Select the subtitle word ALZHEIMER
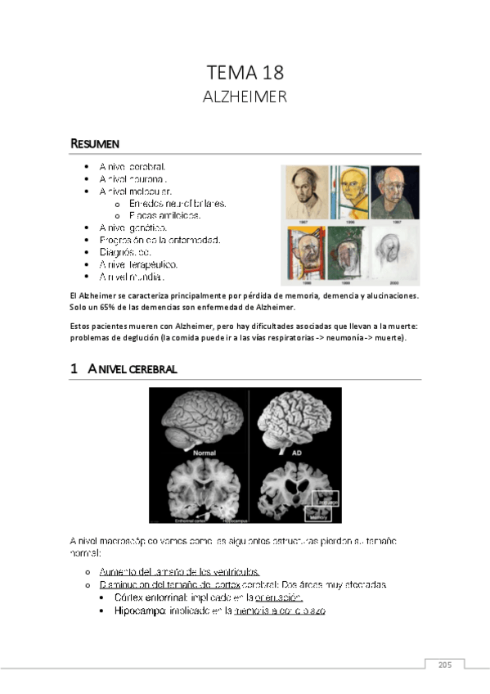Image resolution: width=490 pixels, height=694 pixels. (x=245, y=97)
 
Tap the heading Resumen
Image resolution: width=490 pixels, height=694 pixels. (x=95, y=144)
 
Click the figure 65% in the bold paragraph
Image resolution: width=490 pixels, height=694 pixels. (x=115, y=307)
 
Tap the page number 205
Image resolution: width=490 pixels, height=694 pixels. (x=444, y=665)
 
